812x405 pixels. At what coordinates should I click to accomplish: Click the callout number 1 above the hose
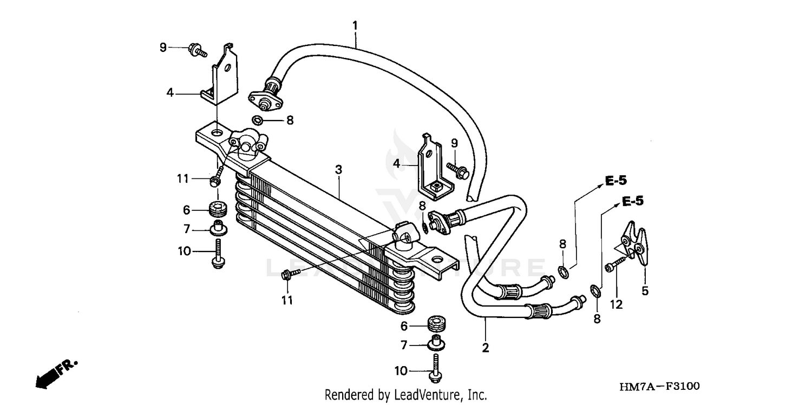click(355, 25)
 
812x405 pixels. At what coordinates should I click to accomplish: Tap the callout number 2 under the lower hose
click(486, 348)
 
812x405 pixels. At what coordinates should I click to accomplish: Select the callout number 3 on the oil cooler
click(338, 169)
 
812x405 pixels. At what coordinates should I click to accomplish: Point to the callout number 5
click(645, 290)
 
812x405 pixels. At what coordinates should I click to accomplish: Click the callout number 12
click(616, 304)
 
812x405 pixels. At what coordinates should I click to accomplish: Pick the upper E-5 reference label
click(615, 181)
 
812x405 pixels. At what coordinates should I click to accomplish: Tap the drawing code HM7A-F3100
click(660, 386)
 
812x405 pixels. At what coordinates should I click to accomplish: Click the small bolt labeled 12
click(611, 265)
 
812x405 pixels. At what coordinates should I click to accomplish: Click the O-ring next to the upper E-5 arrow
click(563, 271)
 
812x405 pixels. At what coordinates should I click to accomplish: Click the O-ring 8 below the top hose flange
click(258, 120)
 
